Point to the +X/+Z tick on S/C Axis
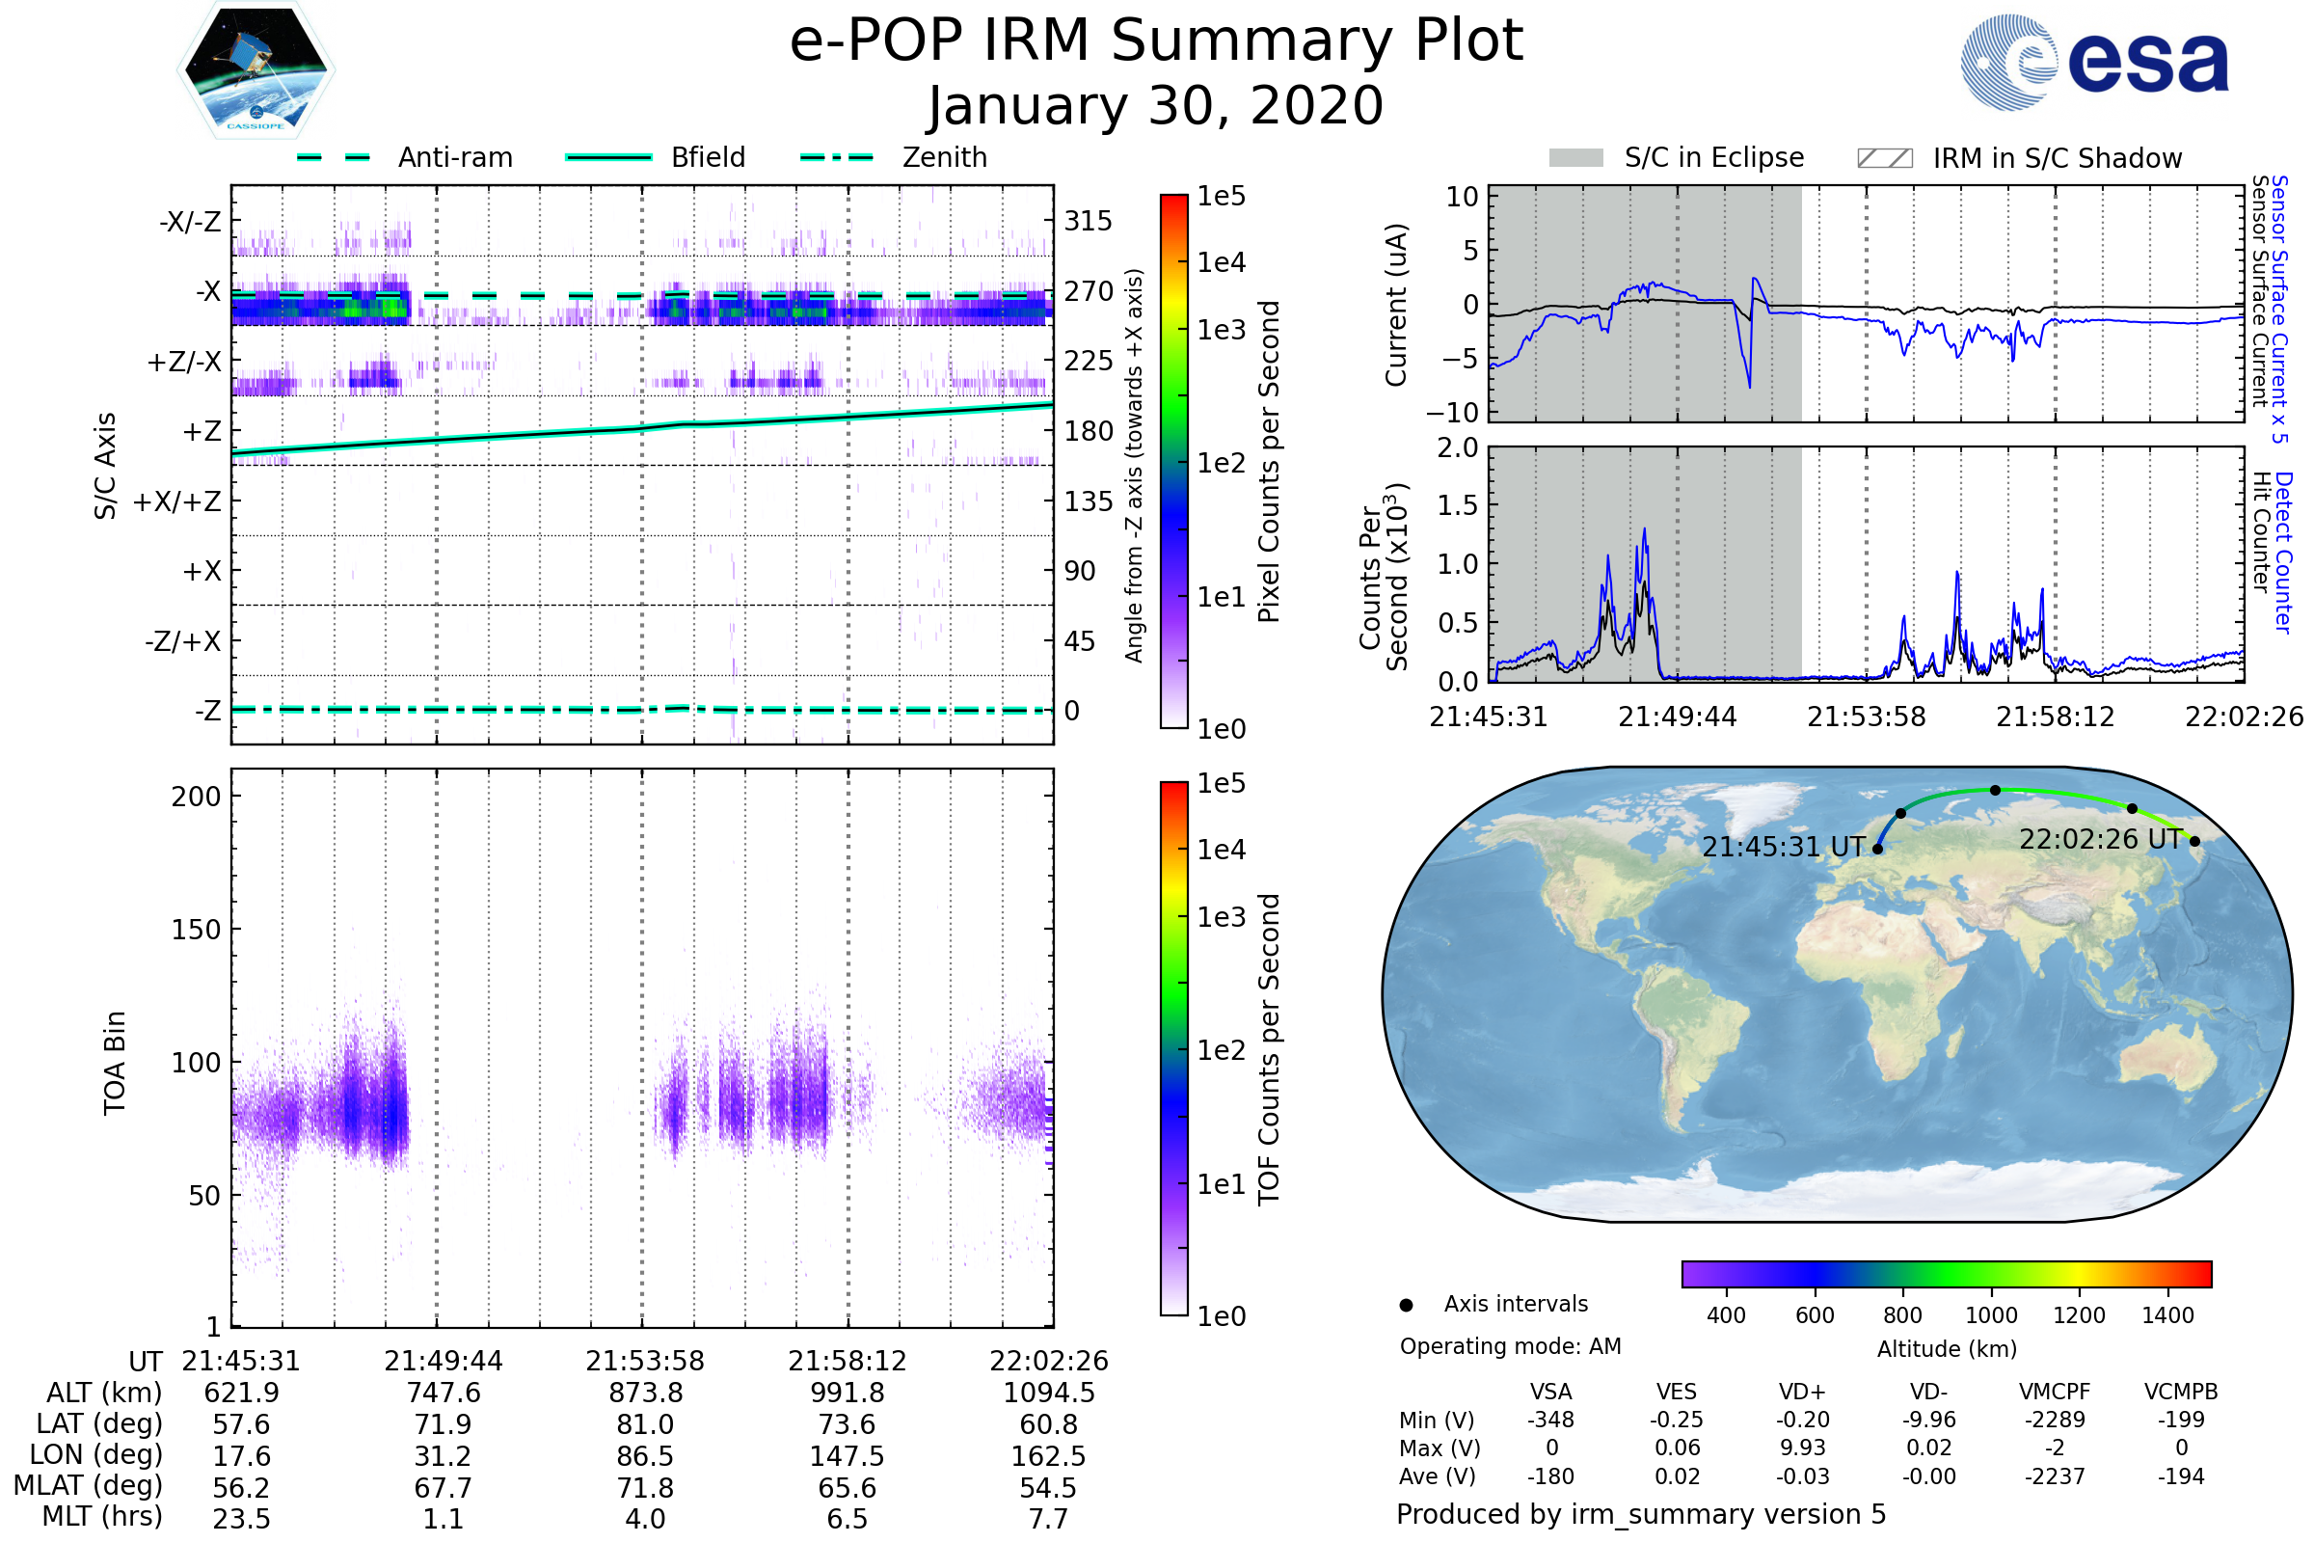pyautogui.click(x=177, y=501)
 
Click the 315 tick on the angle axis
pyautogui.click(x=1088, y=221)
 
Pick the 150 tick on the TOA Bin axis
pyautogui.click(x=196, y=930)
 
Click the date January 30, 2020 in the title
pyautogui.click(x=1156, y=106)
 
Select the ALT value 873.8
pyautogui.click(x=645, y=1393)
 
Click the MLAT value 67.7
pyautogui.click(x=444, y=1487)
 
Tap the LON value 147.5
pyautogui.click(x=848, y=1455)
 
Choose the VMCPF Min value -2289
pyautogui.click(x=2055, y=1420)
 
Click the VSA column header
pyautogui.click(x=1551, y=1392)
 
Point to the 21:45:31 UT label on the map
pyautogui.click(x=1784, y=848)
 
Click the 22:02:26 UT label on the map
pyautogui.click(x=2100, y=839)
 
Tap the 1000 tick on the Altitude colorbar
pyautogui.click(x=1991, y=1315)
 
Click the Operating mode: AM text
pyautogui.click(x=1510, y=1346)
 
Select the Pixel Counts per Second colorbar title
pyautogui.click(x=1269, y=462)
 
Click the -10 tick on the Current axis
pyautogui.click(x=1460, y=412)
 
